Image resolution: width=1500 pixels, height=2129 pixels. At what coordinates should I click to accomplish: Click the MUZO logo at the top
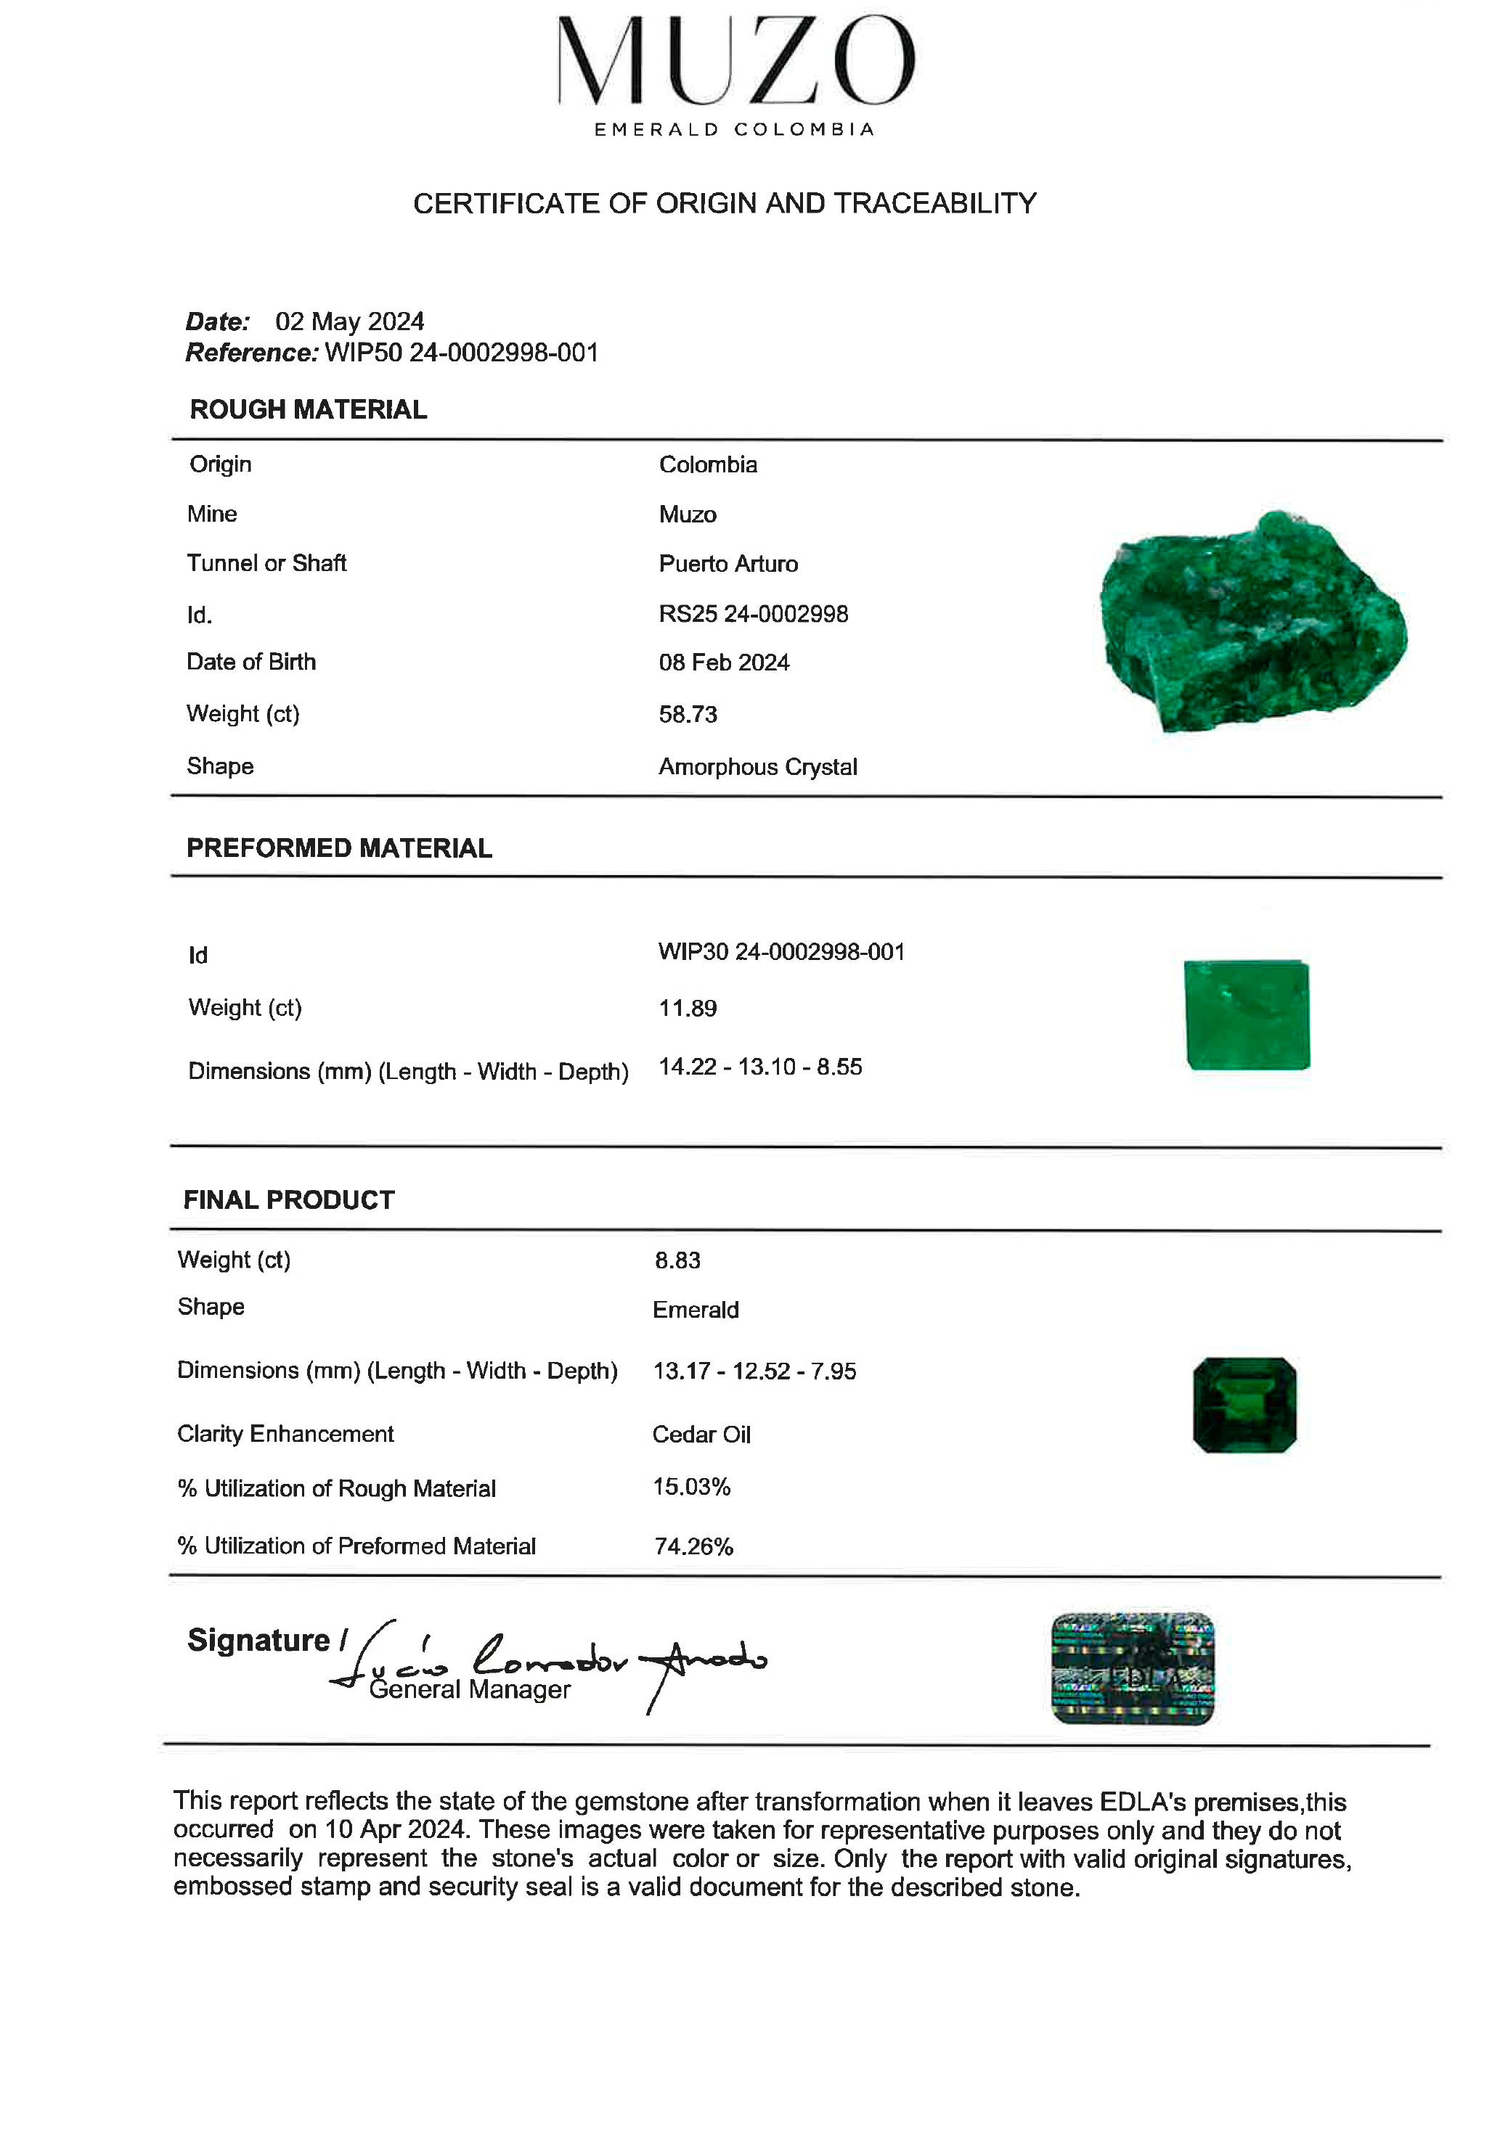click(735, 74)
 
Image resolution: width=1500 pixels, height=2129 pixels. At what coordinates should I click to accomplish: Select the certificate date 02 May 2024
click(350, 321)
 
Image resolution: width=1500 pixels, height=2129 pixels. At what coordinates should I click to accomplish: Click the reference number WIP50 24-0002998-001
click(461, 353)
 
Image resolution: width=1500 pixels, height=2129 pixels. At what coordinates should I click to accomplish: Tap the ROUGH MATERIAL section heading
click(308, 410)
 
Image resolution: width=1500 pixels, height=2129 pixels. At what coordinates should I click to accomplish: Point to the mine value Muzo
click(688, 514)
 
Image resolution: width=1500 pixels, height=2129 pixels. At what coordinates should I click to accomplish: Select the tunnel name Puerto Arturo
click(728, 564)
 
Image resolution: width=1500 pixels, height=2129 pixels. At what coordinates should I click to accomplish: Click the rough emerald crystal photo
click(1252, 621)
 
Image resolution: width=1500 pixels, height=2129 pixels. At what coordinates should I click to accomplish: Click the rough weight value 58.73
click(688, 715)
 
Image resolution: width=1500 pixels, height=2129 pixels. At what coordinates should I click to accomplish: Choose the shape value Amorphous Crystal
click(758, 768)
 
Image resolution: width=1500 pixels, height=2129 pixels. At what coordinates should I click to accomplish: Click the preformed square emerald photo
click(1247, 1015)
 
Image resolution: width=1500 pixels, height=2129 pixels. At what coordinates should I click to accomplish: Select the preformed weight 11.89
click(688, 1009)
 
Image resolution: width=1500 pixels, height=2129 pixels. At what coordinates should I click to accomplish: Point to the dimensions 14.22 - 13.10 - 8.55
click(759, 1067)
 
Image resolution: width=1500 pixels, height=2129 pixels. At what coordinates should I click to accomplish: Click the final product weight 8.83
click(677, 1261)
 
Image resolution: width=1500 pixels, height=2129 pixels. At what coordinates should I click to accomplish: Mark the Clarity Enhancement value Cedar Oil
click(701, 1435)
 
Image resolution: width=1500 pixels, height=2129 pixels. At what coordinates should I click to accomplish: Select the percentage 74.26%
click(694, 1546)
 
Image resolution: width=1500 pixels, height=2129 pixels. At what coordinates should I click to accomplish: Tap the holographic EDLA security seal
click(1133, 1669)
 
